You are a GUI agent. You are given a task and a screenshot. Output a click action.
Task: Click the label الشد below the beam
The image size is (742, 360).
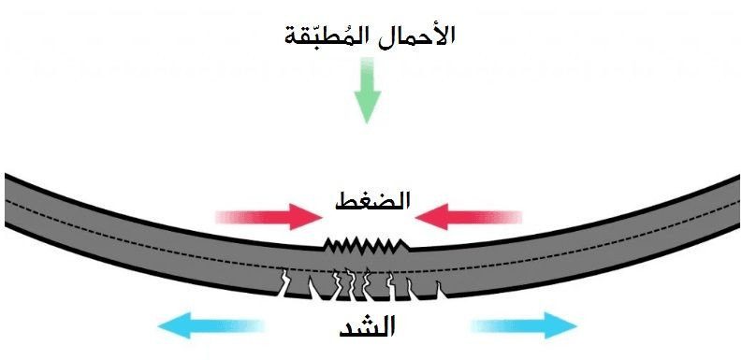367,326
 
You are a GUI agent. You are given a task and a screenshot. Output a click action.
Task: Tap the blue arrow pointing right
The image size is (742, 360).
524,325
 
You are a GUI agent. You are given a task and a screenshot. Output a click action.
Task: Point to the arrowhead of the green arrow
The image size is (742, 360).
367,109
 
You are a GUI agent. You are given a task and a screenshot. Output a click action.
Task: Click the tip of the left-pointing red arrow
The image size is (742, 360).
418,217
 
